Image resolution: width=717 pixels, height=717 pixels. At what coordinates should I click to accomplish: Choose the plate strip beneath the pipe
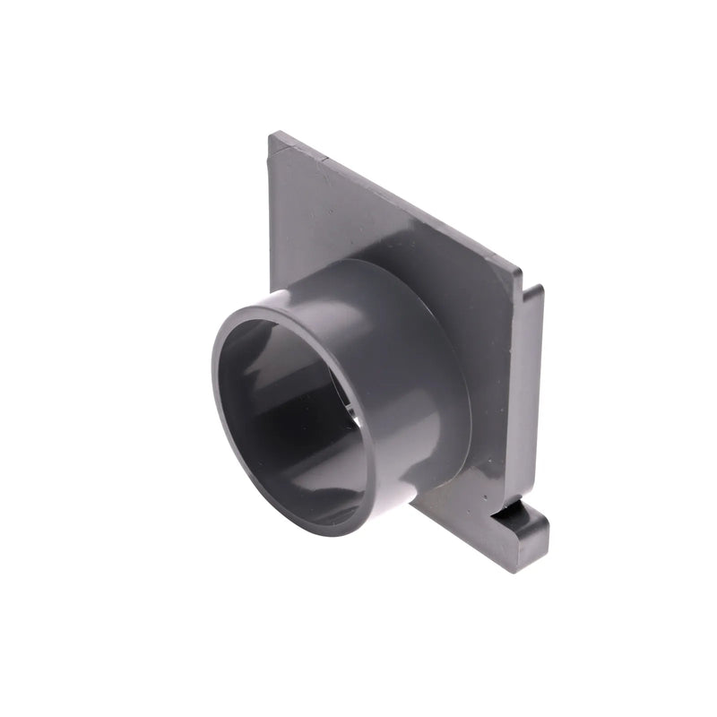pos(457,515)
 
